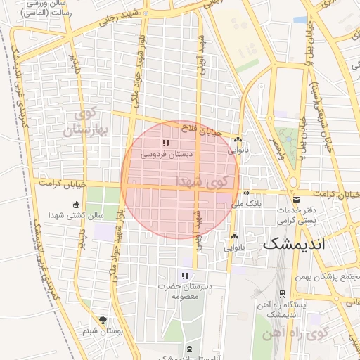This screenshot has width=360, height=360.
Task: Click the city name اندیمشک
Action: pos(295,245)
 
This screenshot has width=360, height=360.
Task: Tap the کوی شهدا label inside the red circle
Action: pos(204,181)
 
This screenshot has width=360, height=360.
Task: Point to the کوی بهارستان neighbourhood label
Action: pos(88,122)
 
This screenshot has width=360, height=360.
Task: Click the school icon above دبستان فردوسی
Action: pos(166,143)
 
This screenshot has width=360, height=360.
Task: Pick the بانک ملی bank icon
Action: pos(246,193)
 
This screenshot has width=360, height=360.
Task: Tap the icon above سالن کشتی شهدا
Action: pos(76,205)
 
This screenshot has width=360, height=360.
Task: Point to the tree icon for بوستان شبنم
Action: pos(104,320)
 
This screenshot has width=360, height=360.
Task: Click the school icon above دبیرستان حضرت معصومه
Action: pos(185,276)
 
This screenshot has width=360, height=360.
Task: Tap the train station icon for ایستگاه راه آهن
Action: pos(282,294)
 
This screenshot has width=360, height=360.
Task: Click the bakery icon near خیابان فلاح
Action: pos(238,139)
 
